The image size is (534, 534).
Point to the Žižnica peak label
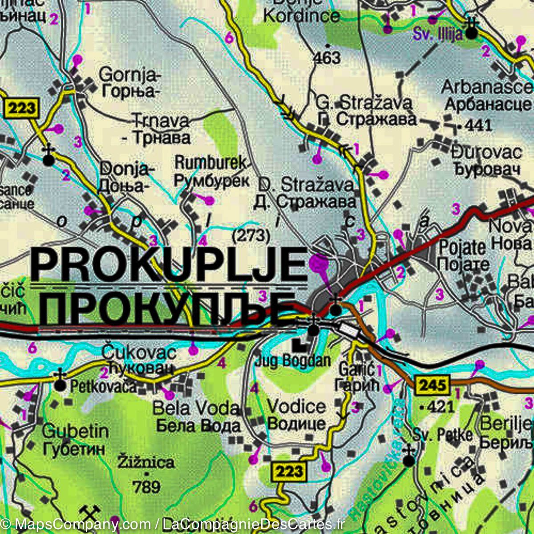tap(146, 462)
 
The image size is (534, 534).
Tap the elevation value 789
tap(146, 486)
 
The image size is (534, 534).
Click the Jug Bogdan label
tap(293, 360)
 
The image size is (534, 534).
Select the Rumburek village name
tap(210, 163)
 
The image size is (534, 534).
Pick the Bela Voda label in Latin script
tap(196, 408)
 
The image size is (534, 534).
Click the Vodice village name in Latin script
tap(296, 406)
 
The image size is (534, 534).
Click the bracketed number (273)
tap(251, 235)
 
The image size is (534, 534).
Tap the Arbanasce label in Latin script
tap(487, 87)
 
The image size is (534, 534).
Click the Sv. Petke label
tap(442, 435)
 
